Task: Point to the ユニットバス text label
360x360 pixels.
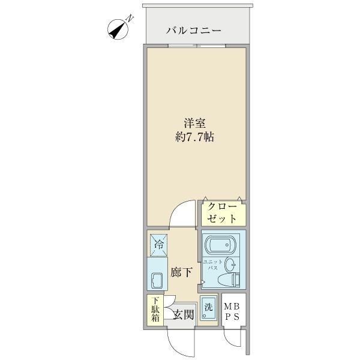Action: (x=212, y=265)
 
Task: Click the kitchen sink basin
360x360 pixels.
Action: (x=158, y=281)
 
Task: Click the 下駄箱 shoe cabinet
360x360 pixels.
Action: (x=155, y=310)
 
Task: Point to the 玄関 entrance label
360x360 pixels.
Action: (x=184, y=313)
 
